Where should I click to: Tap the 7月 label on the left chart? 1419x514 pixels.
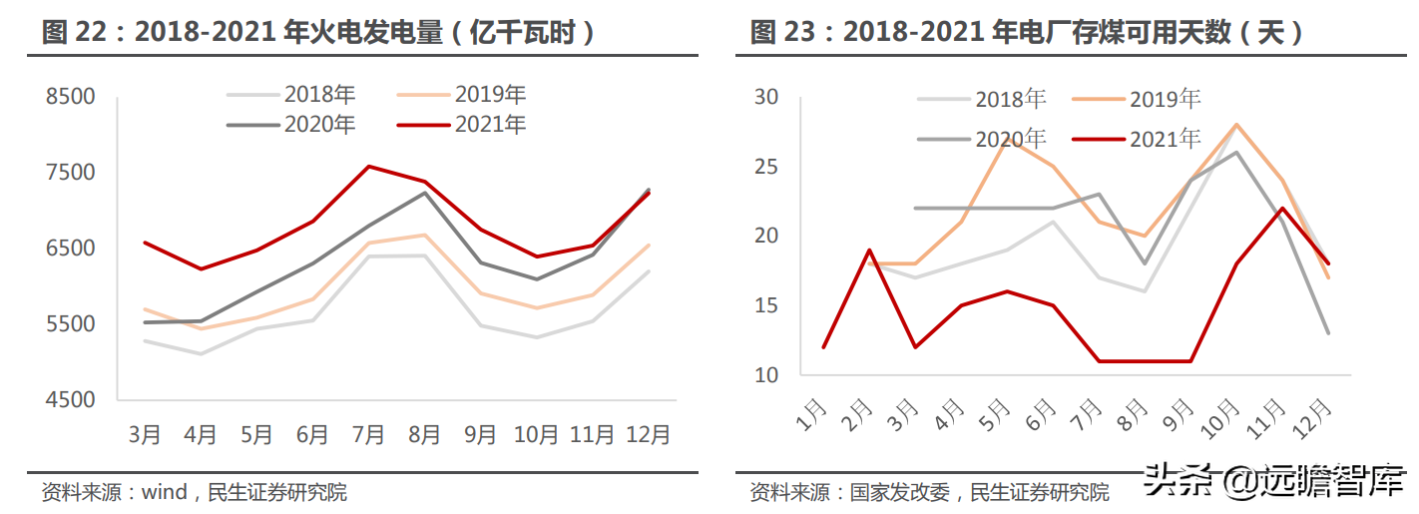(x=368, y=435)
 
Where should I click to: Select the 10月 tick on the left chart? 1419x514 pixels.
(x=536, y=435)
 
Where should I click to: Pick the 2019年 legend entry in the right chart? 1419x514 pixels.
(x=1165, y=98)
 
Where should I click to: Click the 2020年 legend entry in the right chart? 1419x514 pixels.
(x=1010, y=139)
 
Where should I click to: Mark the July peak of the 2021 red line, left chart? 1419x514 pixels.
(x=368, y=167)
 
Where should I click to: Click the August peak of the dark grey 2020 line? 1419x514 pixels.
(x=424, y=193)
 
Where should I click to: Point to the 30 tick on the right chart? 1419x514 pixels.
(x=766, y=98)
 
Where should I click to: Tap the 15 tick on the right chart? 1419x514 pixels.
(x=766, y=305)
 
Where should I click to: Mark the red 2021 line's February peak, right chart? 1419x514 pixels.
(x=869, y=251)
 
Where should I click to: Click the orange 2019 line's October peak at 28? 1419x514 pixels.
(x=1236, y=125)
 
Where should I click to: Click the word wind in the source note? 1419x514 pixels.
(x=164, y=492)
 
